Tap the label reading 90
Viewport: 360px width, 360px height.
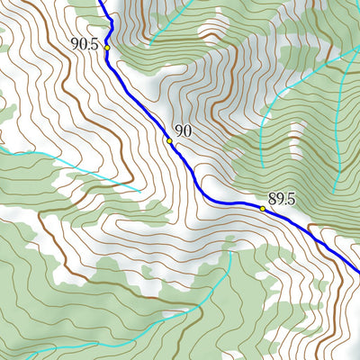183,131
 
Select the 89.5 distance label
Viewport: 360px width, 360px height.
282,199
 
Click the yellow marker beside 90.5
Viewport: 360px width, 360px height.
106,47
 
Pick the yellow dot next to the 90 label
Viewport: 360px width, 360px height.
169,140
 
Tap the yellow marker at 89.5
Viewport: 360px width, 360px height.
263,209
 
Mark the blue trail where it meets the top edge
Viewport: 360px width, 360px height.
101,2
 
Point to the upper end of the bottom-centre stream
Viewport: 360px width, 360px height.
231,253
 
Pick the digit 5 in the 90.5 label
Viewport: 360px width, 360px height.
94,42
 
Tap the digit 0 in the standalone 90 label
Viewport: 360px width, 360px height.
187,131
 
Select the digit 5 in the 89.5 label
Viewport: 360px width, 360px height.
292,199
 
